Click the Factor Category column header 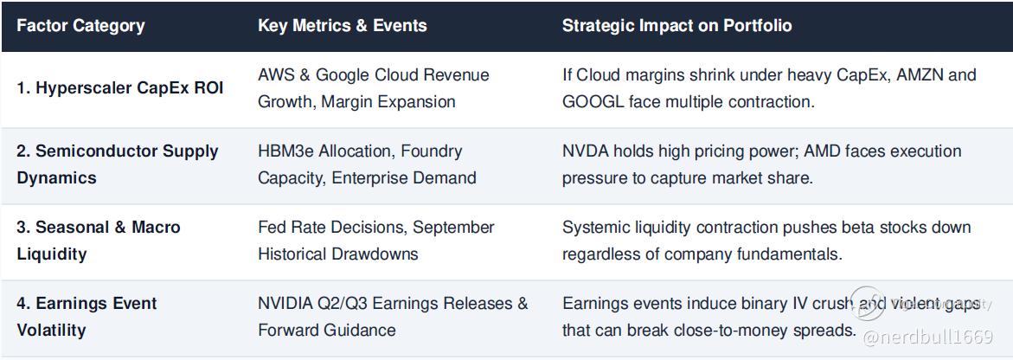pyautogui.click(x=80, y=26)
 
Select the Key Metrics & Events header pyautogui.click(x=343, y=26)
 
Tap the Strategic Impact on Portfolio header pyautogui.click(x=677, y=26)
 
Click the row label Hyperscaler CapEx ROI pyautogui.click(x=120, y=88)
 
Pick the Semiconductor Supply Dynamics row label pyautogui.click(x=118, y=164)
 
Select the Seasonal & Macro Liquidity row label pyautogui.click(x=99, y=241)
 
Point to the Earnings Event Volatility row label pyautogui.click(x=87, y=317)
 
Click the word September pyautogui.click(x=453, y=228)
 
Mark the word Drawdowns pyautogui.click(x=375, y=254)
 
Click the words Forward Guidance pyautogui.click(x=327, y=331)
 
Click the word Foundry pyautogui.click(x=432, y=151)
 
